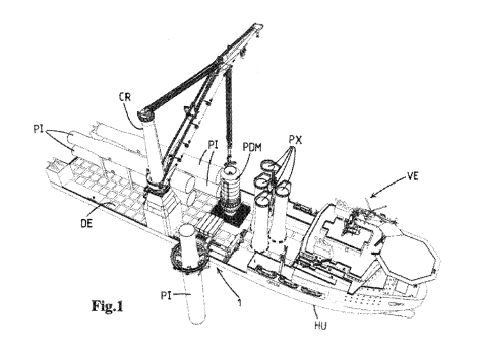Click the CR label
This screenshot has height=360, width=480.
[125, 97]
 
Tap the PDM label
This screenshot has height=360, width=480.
[252, 147]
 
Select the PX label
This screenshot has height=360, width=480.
[295, 140]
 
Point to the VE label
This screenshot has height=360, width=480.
[413, 176]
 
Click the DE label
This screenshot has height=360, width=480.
[86, 223]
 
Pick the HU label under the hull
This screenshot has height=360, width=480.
[321, 325]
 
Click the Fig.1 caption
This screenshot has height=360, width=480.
[107, 306]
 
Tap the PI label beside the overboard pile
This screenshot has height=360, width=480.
[166, 295]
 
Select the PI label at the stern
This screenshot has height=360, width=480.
[38, 129]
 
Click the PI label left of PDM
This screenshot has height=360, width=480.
[213, 145]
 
